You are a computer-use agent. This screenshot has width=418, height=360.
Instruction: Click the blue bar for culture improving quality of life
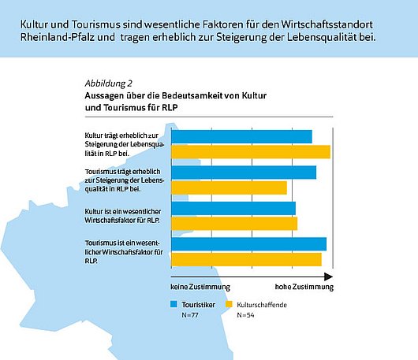[x=241, y=136]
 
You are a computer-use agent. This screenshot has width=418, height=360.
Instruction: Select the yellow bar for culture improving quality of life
[x=251, y=151]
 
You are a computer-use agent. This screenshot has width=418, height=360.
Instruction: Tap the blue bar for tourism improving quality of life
[x=244, y=173]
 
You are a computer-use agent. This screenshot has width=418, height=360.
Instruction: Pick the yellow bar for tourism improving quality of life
[x=230, y=187]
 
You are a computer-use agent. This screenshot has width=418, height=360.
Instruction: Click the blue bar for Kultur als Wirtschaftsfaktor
[x=233, y=208]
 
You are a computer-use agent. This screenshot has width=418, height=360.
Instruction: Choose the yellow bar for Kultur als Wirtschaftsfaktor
[x=234, y=223]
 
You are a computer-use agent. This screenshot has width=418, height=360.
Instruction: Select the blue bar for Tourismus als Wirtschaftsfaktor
[x=248, y=244]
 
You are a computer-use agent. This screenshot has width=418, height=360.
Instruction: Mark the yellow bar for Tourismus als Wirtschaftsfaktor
[x=246, y=259]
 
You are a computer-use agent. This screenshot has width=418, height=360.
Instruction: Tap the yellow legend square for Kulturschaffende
[x=230, y=303]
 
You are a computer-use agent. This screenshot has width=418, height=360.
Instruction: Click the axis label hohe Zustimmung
[x=304, y=288]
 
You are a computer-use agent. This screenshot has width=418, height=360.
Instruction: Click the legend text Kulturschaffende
[x=263, y=303]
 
